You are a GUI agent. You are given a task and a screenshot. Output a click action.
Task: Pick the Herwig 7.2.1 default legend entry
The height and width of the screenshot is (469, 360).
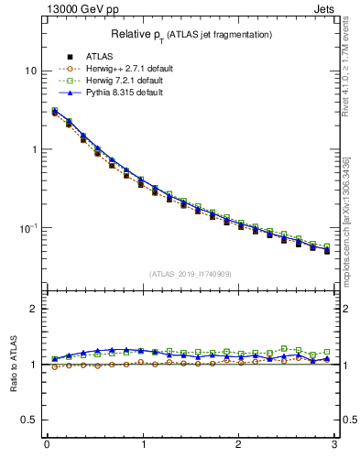[120, 81]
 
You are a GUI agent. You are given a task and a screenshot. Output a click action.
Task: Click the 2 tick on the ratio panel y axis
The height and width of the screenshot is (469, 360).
[35, 310]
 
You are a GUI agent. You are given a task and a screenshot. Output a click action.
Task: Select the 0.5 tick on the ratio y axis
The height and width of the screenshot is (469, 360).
[30, 420]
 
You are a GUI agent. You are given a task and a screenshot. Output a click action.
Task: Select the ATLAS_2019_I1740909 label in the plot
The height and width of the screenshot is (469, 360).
[191, 274]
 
